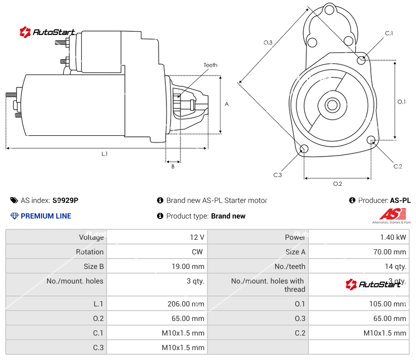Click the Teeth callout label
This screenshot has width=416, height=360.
coord(210,65)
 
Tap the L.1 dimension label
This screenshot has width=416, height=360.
coord(105,153)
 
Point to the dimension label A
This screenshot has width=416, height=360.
coord(227,104)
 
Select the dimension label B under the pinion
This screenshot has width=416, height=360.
coord(173,166)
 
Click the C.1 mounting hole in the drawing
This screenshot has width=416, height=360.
coord(361,60)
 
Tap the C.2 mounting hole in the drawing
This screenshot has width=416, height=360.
coord(371,140)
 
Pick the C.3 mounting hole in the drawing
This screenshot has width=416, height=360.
coord(304,150)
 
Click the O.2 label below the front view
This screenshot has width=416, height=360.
coord(337,184)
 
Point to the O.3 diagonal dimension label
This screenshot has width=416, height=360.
coord(268,43)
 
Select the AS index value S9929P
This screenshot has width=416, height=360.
coord(66,200)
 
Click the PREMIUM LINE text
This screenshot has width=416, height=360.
coord(46,216)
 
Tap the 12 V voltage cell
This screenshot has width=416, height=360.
coord(197,237)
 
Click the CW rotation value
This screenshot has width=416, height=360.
coord(199,252)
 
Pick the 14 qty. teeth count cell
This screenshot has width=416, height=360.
coord(394,266)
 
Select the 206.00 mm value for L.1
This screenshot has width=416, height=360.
coord(183,304)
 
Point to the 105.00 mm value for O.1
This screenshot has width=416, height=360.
coord(385,304)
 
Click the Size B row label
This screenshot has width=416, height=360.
coord(94,266)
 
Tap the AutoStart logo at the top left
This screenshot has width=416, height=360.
coord(48,32)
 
